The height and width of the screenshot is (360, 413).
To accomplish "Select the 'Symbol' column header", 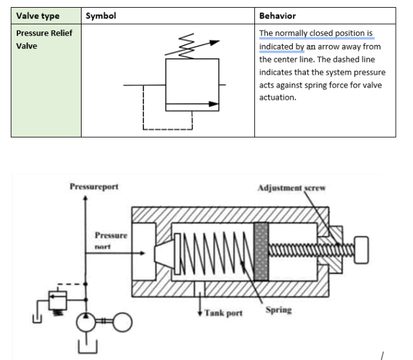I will point(101,16).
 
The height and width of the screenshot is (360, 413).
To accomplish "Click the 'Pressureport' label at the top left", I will point(94,187).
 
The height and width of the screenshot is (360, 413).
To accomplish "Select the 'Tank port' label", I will point(224,314).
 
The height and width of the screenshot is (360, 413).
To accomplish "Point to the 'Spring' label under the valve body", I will point(278,310).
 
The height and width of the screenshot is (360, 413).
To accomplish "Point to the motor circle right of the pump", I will point(121,321).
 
